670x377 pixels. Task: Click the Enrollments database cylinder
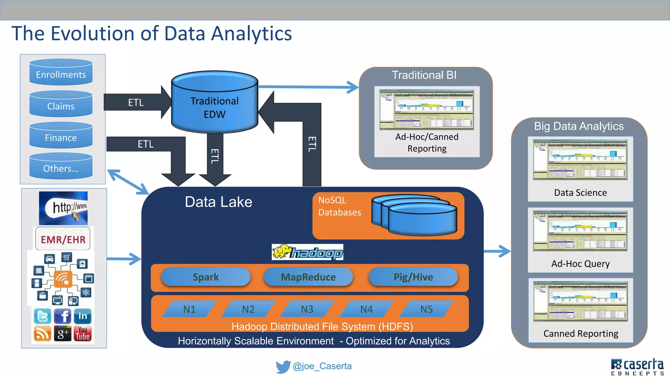(x=61, y=73)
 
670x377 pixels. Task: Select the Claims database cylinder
(x=61, y=104)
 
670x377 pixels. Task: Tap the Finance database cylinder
(x=61, y=136)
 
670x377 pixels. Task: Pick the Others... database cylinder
(x=61, y=167)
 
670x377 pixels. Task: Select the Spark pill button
(x=206, y=277)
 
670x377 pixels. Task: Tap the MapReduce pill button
(x=308, y=277)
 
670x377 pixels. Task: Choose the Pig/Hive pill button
(x=413, y=277)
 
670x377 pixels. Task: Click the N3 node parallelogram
(x=307, y=309)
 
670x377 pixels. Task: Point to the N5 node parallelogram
(x=426, y=309)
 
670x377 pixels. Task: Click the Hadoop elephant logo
(x=307, y=252)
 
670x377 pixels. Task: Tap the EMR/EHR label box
(x=63, y=239)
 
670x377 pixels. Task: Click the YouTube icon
(x=82, y=333)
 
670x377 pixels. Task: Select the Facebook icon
(x=63, y=316)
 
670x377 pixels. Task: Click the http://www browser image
(x=63, y=208)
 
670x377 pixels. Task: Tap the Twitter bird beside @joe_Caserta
(x=283, y=367)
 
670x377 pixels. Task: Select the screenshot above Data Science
(x=580, y=160)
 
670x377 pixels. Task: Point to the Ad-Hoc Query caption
(x=580, y=263)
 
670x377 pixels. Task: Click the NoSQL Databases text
(x=339, y=206)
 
